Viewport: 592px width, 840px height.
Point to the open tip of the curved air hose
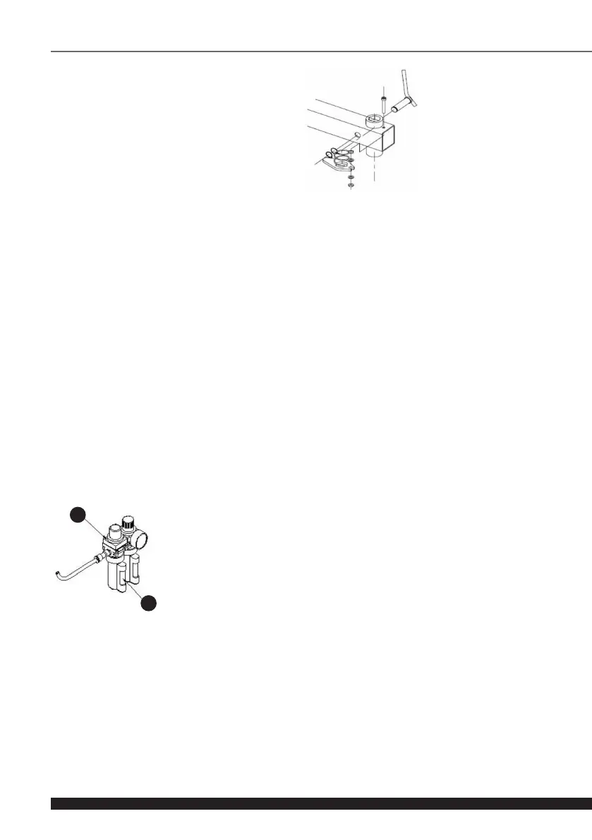coord(56,573)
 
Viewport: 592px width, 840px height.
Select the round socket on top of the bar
coord(375,118)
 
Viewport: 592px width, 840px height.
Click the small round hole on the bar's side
coord(358,135)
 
